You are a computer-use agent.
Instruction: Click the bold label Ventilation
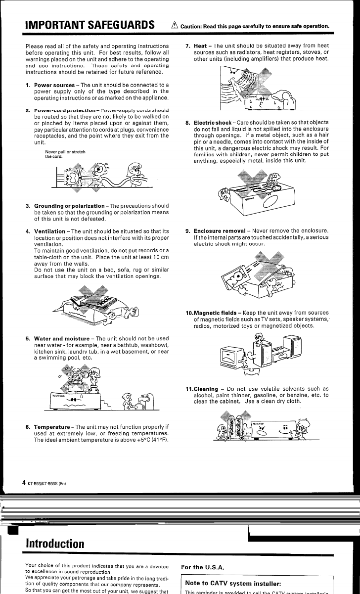click(50, 231)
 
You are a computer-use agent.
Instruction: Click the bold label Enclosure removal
click(217, 231)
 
